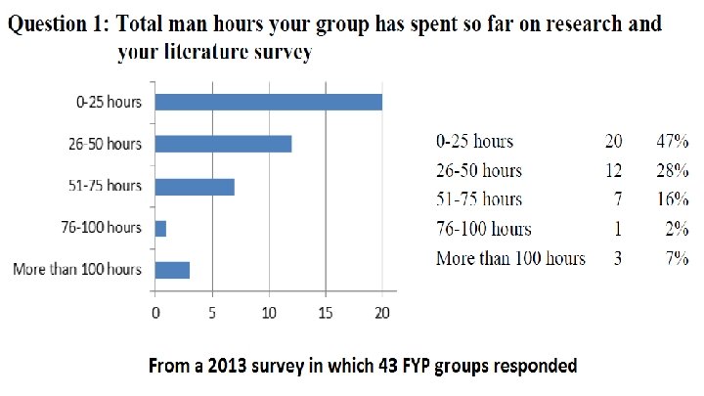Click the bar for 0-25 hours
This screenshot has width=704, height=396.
pos(269,103)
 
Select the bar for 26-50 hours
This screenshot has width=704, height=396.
pos(223,144)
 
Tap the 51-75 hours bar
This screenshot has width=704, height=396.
pos(195,187)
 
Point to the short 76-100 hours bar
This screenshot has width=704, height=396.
pos(160,229)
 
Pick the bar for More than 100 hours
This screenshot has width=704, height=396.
pos(172,270)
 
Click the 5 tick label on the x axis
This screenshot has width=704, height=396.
pos(212,313)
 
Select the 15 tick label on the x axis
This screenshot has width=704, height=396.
pos(326,313)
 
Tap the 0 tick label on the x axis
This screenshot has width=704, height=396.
pos(155,313)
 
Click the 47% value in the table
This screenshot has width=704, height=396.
pos(672,141)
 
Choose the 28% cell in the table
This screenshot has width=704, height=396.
pos(672,170)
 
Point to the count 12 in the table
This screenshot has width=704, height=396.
pos(613,170)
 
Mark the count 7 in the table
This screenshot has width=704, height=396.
pos(618,198)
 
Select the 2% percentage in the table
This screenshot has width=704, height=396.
pos(677,229)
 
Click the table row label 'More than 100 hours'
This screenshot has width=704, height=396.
pos(511,258)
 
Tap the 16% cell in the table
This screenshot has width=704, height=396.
pos(672,198)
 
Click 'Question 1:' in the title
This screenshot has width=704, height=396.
pos(59,23)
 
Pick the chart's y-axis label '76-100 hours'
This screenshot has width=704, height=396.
pos(102,228)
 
